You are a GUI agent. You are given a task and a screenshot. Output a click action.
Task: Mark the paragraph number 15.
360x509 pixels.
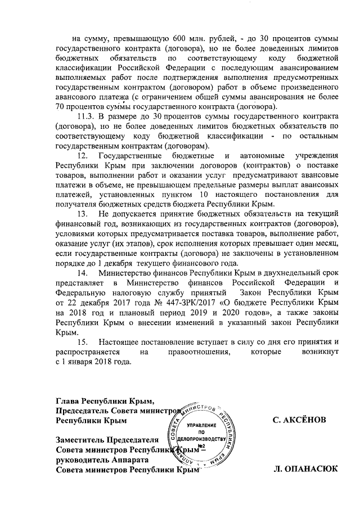(82, 341)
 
